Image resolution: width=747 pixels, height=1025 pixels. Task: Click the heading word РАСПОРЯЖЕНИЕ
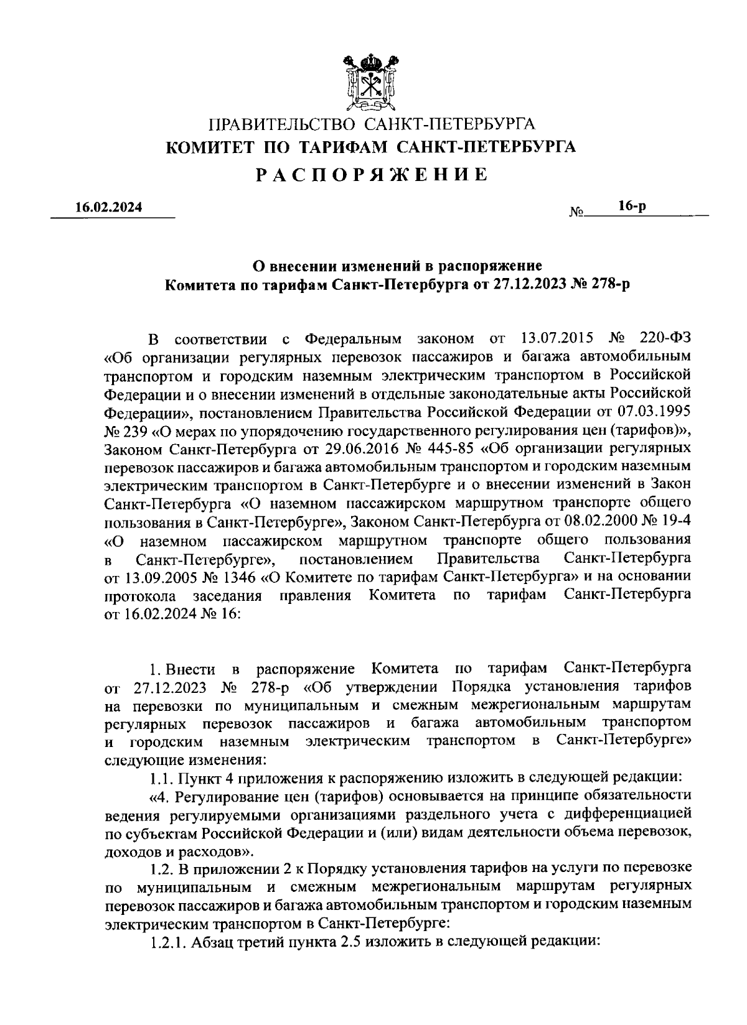click(x=372, y=175)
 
